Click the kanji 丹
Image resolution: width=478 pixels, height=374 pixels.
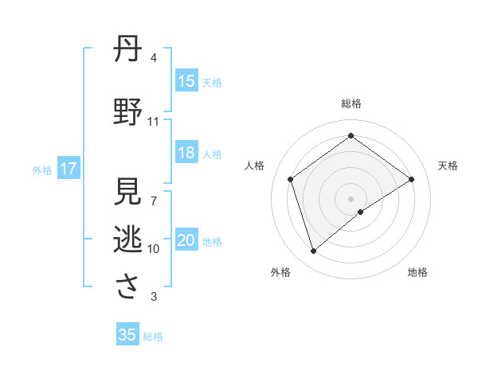tap(128, 49)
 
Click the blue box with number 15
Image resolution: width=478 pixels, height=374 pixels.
tap(186, 81)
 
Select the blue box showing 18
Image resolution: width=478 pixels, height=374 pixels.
tap(186, 154)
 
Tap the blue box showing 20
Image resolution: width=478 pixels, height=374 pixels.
tap(186, 241)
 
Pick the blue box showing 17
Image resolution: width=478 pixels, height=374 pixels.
tap(68, 169)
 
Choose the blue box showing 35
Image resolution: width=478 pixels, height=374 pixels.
tap(127, 335)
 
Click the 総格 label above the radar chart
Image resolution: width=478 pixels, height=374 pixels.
tap(351, 103)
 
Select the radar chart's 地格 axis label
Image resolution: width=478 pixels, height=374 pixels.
tap(417, 272)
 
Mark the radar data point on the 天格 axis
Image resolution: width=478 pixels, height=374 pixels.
tap(411, 179)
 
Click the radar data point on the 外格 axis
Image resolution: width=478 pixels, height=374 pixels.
tap(313, 251)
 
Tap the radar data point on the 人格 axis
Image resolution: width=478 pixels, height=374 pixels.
tap(290, 179)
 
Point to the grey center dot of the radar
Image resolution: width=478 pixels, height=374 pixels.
tap(351, 198)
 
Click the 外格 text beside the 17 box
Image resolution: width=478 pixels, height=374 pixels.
tap(42, 169)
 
